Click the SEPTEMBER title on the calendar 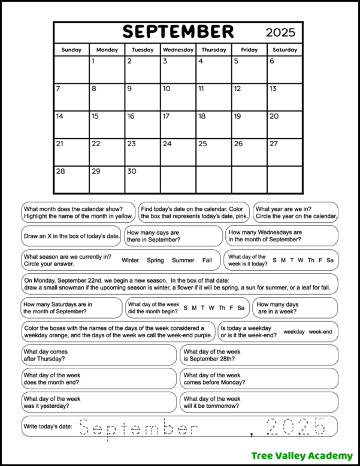click(x=178, y=32)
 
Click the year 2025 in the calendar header click(x=280, y=33)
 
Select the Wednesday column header click(x=178, y=50)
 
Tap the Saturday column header click(x=285, y=50)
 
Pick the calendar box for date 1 click(x=107, y=69)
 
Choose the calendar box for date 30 click(x=143, y=180)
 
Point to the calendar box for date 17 click(x=178, y=125)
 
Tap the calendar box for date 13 click(x=285, y=97)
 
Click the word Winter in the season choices click(x=130, y=261)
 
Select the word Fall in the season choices click(x=207, y=261)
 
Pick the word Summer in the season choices click(x=183, y=261)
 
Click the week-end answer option click(x=320, y=331)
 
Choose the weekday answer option click(x=294, y=331)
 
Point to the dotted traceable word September click(x=138, y=428)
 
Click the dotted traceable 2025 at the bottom click(x=297, y=428)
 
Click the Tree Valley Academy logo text click(x=302, y=455)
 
